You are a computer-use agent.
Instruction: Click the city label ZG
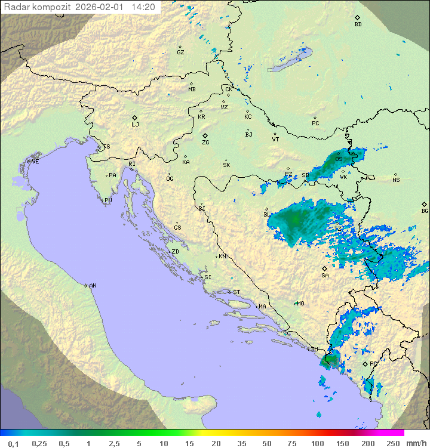coord(205,143)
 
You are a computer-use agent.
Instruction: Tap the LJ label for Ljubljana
coord(135,125)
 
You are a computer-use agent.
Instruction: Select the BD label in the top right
coord(358,24)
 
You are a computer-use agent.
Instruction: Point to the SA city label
coord(325,276)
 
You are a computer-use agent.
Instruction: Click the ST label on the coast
coord(236,292)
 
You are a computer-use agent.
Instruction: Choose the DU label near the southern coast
coord(315,350)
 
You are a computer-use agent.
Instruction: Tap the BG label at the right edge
coord(425,211)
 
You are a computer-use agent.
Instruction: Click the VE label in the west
coord(35,162)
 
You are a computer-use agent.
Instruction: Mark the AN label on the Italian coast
coord(93,286)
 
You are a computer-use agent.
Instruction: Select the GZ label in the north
coord(180,52)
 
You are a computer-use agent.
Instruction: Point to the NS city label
coord(396,180)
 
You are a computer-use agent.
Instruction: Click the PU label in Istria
coord(108,200)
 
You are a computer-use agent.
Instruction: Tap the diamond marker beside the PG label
coord(365,363)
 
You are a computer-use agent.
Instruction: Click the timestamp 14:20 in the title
coord(143,7)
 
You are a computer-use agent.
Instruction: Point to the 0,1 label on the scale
coord(13,443)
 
